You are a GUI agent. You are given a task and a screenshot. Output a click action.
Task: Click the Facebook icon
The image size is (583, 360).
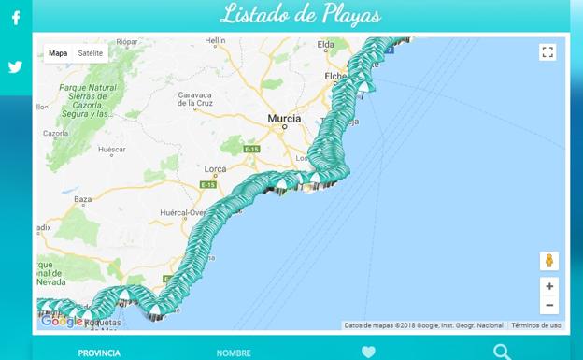click(x=16, y=18)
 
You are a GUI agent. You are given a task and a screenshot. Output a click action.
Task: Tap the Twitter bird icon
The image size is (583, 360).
click(x=16, y=67)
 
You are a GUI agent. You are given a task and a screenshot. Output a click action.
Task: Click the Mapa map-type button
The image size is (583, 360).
click(x=58, y=53)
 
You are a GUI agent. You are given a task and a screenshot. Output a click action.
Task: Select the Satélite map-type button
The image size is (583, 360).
click(x=91, y=53)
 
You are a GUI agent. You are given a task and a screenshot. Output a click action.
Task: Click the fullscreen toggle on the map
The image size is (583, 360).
click(x=547, y=52)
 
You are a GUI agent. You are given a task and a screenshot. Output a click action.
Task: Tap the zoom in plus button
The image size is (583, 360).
click(x=549, y=286)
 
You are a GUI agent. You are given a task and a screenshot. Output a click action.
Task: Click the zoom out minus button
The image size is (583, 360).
click(x=549, y=305)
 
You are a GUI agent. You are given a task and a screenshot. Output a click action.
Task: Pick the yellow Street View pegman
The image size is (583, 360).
click(x=549, y=261)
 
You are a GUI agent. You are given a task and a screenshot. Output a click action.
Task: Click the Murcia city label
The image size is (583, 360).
click(x=284, y=119)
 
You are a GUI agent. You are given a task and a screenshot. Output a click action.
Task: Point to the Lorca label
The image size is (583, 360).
click(x=215, y=169)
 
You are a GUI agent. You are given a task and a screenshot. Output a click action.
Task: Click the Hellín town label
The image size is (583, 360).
click(x=215, y=41)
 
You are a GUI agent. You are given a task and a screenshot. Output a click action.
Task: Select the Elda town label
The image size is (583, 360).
click(x=326, y=44)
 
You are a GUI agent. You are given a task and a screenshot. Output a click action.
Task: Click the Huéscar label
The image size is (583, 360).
click(x=111, y=150)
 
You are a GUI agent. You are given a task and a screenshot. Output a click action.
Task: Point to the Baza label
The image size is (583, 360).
click(x=83, y=199)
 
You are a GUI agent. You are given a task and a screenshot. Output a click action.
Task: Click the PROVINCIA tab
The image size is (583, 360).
click(x=99, y=353)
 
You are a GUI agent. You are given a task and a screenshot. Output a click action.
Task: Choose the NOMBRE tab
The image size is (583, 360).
click(x=234, y=353)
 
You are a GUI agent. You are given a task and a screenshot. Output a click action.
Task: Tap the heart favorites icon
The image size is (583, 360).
click(x=368, y=353)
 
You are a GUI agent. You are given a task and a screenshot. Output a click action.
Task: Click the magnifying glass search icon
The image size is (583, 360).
click(x=503, y=352)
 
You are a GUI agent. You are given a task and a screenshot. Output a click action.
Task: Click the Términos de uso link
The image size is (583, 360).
click(x=536, y=325)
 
